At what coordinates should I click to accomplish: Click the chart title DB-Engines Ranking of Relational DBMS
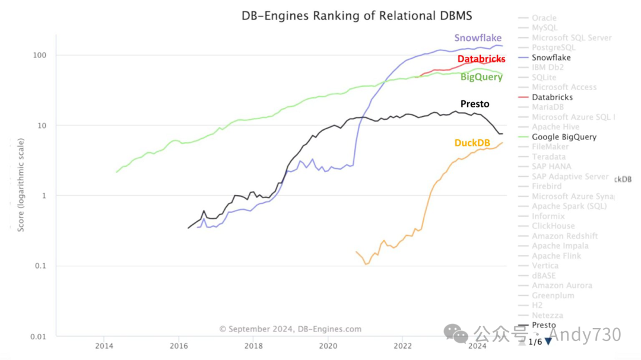point(357,15)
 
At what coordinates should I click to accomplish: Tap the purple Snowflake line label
point(478,38)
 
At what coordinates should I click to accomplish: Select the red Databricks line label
point(481,59)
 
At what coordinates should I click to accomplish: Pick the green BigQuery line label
point(481,77)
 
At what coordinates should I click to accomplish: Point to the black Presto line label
point(475,104)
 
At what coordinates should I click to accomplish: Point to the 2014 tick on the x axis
point(104,346)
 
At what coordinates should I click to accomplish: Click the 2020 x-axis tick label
point(328,346)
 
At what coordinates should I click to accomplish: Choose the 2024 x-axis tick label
point(478,346)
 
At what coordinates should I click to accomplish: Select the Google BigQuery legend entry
point(564,137)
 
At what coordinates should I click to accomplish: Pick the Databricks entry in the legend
point(552,97)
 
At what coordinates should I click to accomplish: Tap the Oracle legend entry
point(544,18)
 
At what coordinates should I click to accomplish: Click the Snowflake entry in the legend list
point(551,58)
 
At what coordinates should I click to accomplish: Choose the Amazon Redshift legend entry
point(564,236)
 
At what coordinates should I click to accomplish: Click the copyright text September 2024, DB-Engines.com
point(290,329)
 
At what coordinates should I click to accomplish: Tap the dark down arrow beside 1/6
point(548,341)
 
